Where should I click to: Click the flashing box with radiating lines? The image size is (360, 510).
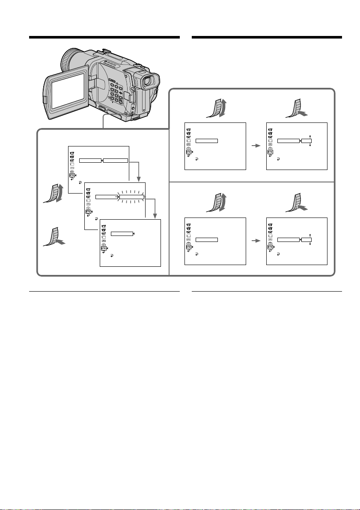(132, 197)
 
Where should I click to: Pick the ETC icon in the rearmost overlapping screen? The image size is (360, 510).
(71, 175)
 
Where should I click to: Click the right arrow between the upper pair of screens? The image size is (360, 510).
(256, 146)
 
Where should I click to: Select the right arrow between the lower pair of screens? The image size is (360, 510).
(256, 241)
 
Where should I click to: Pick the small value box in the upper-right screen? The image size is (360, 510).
(306, 140)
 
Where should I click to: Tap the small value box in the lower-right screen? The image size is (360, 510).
(306, 239)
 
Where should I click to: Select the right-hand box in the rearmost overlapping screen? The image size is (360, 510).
(116, 161)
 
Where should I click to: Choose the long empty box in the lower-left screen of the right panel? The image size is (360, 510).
(207, 239)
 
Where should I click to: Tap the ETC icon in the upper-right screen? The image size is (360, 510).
(270, 152)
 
